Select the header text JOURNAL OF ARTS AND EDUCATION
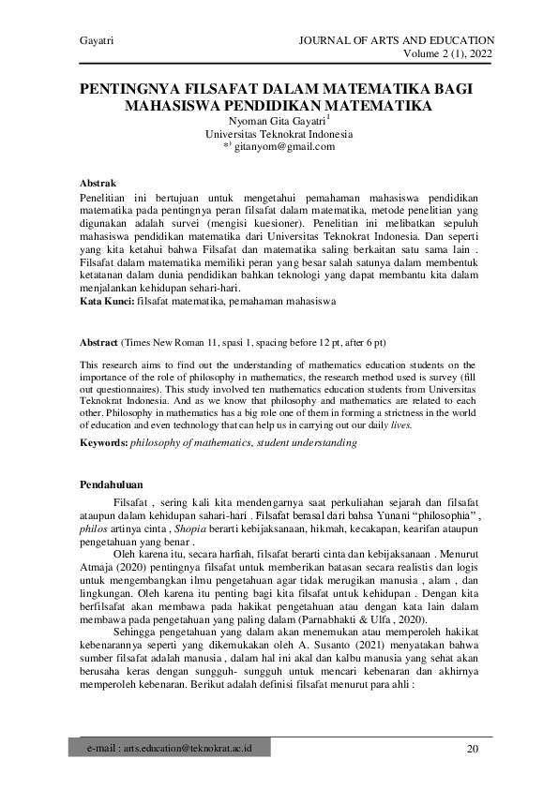[x=395, y=40]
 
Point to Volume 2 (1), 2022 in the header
[x=446, y=53]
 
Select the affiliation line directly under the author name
[x=279, y=134]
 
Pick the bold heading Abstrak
[x=98, y=186]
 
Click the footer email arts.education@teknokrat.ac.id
[x=177, y=749]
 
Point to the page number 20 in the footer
[x=473, y=749]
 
